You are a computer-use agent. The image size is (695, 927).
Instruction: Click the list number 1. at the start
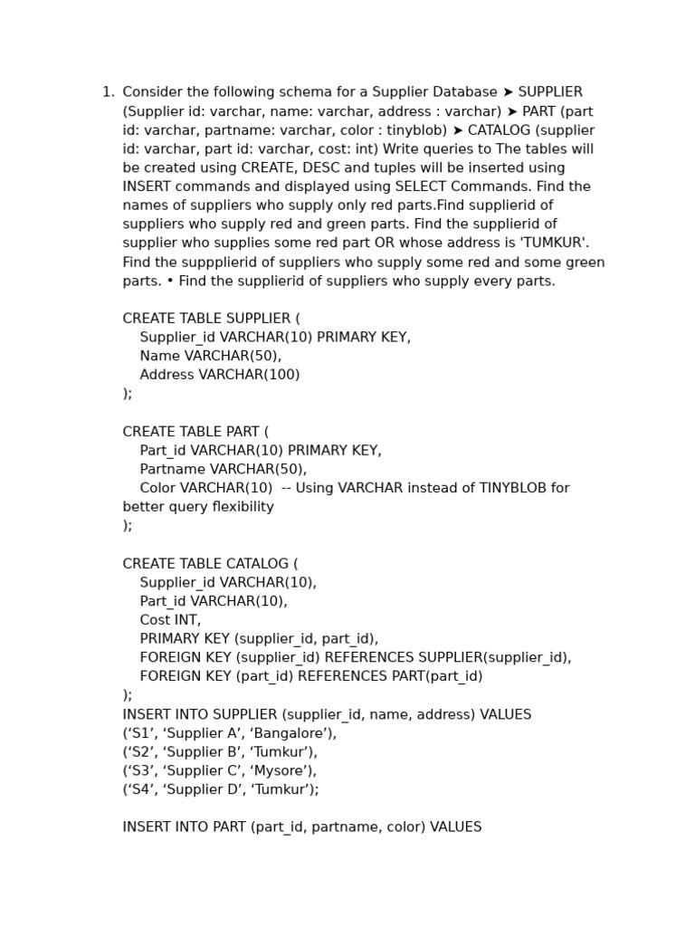pos(108,92)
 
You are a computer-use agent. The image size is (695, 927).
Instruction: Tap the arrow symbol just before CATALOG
pos(457,130)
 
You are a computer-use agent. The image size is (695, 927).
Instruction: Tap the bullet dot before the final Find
pos(169,281)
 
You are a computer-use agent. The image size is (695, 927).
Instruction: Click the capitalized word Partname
pos(172,469)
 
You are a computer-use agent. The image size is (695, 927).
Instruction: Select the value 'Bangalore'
pos(295,733)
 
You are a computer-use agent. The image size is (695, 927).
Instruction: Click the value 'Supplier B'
pos(200,752)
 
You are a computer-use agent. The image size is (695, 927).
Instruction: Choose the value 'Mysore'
pos(280,771)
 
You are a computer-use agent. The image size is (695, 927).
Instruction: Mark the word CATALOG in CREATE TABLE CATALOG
pos(258,564)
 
